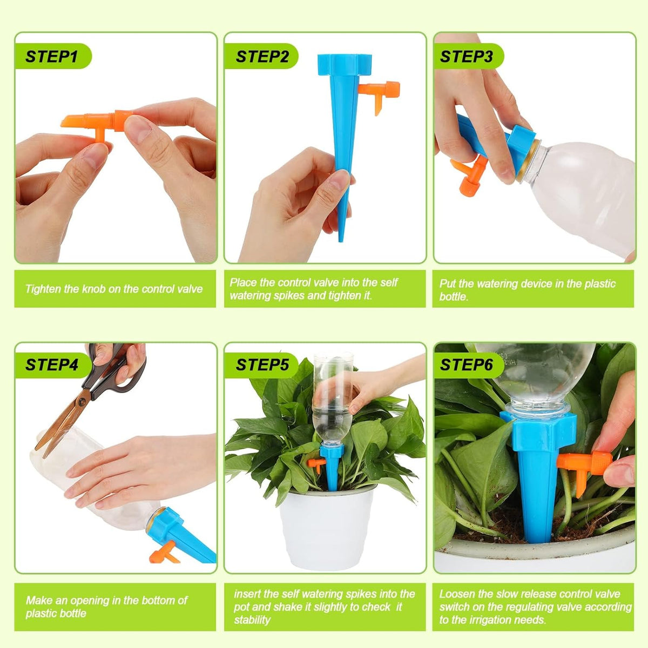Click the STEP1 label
tap(52, 57)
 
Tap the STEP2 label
tap(262, 57)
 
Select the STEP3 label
tap(467, 57)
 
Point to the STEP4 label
tap(52, 364)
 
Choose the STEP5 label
tap(262, 364)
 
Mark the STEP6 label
tap(467, 364)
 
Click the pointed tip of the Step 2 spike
tap(341, 235)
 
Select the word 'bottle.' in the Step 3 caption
tap(454, 296)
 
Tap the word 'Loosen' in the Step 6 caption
tap(457, 594)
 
